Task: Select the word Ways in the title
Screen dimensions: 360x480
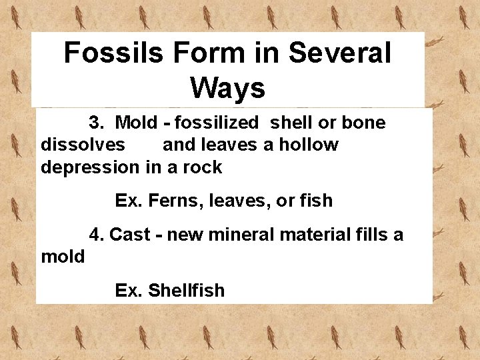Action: tap(227, 87)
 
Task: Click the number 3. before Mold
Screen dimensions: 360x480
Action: tap(97, 123)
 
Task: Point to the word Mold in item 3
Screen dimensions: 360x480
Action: tap(137, 123)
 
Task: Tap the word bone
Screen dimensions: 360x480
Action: tap(363, 123)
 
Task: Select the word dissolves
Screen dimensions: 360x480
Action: tap(83, 145)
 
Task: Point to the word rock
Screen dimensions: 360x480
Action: tap(203, 167)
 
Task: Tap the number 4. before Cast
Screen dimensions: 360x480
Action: tap(97, 235)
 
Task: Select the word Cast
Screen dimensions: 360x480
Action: tap(129, 235)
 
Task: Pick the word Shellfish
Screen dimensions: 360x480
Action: tap(186, 291)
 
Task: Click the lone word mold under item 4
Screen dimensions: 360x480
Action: tap(63, 257)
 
